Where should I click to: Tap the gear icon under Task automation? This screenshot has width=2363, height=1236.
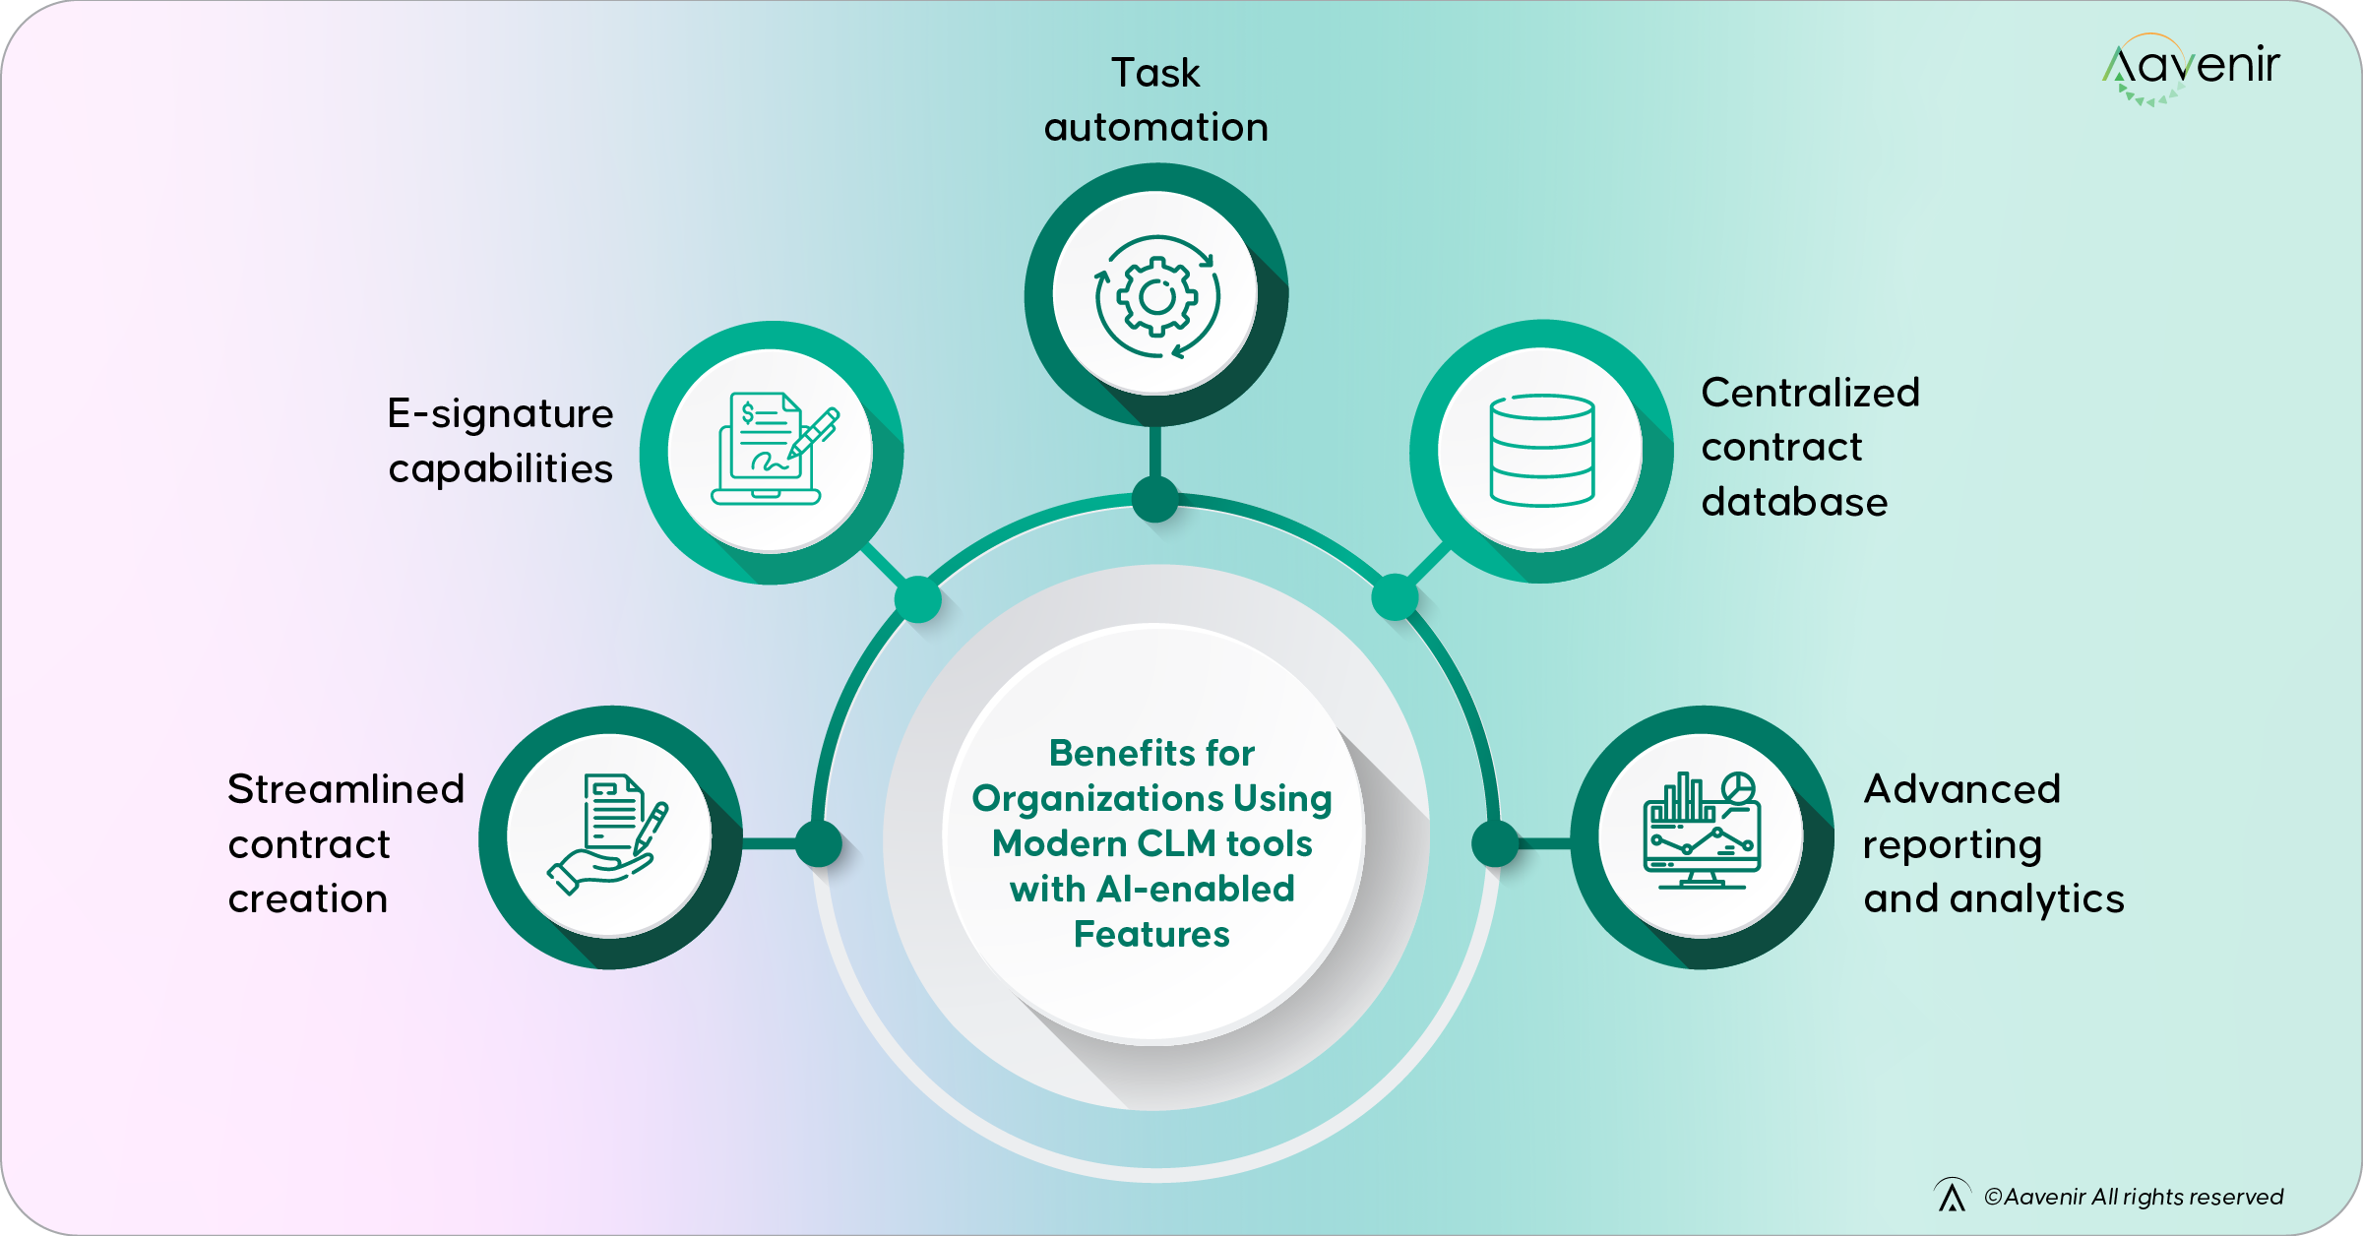point(1157,296)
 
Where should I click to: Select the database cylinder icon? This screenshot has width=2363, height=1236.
point(1541,451)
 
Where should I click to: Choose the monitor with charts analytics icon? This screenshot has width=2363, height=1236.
point(1703,833)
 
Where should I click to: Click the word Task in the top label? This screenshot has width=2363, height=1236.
point(1155,74)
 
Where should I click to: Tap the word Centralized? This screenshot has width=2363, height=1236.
point(1810,394)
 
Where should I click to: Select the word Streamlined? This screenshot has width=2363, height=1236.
point(345,790)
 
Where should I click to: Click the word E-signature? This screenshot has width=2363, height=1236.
point(500,414)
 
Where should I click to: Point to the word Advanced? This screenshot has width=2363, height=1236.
point(1961,790)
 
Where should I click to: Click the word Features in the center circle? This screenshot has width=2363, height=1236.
point(1151,934)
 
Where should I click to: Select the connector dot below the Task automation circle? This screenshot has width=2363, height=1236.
point(1155,499)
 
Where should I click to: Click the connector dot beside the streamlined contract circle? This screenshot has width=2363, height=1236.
point(818,843)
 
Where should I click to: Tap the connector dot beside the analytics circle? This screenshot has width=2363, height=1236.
point(1495,843)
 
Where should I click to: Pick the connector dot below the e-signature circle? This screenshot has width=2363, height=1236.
point(917,598)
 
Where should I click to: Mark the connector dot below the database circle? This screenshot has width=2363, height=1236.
point(1395,596)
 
